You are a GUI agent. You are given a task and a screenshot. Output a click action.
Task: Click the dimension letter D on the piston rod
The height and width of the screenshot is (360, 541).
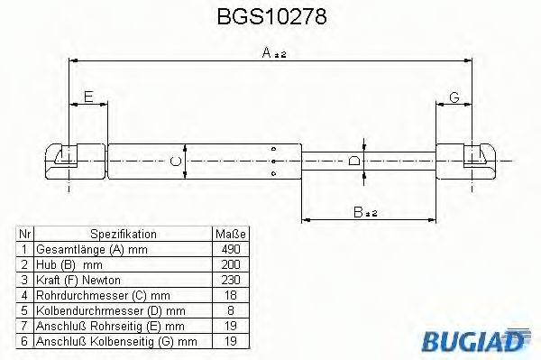(x=354, y=160)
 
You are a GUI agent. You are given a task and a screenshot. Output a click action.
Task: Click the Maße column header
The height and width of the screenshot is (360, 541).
(x=230, y=234)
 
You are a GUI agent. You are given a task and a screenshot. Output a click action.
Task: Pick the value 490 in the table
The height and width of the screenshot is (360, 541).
(x=230, y=248)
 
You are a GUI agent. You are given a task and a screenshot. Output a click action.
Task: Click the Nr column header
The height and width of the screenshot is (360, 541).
(x=25, y=234)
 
